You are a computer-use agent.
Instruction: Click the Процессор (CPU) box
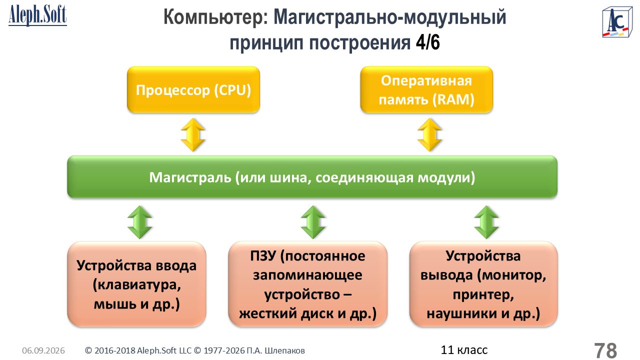pos(193,89)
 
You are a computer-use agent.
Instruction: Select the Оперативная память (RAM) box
pos(426,89)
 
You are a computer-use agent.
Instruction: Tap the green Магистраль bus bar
pos(312,177)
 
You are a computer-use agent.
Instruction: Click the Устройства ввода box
pos(137,284)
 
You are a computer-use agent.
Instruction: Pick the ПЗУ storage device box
pos(307,284)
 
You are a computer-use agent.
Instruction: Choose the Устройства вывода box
pos(483,284)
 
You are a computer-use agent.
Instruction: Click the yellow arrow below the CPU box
pos(193,135)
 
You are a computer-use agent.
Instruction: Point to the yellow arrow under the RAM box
pos(429,135)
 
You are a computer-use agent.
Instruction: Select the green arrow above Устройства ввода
pos(139,222)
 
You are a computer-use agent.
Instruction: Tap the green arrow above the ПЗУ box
pos(313,222)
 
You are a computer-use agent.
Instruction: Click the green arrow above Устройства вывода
pos(486,222)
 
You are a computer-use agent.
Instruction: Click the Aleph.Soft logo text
pos(37,15)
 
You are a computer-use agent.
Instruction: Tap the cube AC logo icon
pos(617,22)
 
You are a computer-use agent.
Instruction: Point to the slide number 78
pos(605,350)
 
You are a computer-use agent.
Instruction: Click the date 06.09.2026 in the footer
pos(43,350)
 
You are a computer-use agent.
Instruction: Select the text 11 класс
pos(464,350)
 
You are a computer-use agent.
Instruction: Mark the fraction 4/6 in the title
pos(427,43)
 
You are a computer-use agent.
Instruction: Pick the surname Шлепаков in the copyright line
pos(285,350)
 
